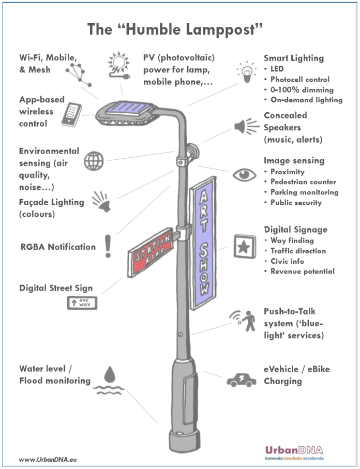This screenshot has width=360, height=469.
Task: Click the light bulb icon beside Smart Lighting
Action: tap(247, 72)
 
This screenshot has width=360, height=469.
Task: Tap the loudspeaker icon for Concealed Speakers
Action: tap(247, 127)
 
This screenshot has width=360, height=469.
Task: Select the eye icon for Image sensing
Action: tap(245, 175)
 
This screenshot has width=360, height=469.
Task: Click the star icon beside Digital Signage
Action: tap(245, 247)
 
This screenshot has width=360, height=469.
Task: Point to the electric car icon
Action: tap(242, 380)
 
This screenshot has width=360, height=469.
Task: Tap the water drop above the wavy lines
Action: tap(110, 374)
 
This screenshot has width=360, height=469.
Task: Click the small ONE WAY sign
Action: tap(82, 302)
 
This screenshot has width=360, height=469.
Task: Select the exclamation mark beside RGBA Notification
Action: tap(108, 246)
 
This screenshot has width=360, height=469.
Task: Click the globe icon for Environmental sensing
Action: tap(94, 161)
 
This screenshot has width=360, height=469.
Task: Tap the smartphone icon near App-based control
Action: tap(71, 115)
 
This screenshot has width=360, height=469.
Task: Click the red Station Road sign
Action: tap(151, 252)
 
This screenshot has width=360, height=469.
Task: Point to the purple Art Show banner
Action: tap(203, 243)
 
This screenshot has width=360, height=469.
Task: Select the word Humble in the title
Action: tap(153, 29)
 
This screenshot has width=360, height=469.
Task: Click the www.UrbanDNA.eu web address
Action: tap(48, 459)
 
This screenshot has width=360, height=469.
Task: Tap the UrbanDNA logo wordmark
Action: tap(294, 450)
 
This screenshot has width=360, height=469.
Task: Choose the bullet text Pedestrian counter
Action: tap(303, 182)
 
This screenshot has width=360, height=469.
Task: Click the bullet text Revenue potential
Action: tap(303, 271)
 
